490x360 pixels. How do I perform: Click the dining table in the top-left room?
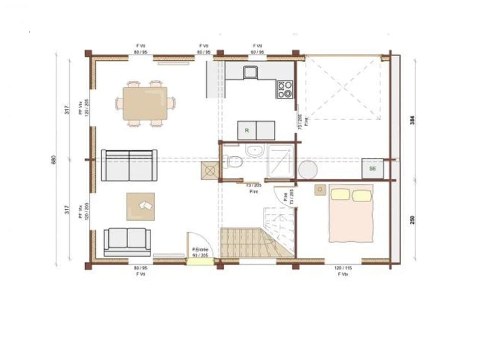[145, 103]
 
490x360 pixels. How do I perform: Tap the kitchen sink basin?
[250, 72]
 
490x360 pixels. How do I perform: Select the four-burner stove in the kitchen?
[285, 89]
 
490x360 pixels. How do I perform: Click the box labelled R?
[247, 130]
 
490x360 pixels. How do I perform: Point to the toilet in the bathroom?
[234, 161]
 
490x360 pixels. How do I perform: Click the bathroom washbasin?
[254, 151]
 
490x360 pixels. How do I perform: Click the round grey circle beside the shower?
[308, 170]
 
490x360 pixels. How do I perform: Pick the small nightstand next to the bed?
[320, 189]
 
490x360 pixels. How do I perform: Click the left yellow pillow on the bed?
[340, 195]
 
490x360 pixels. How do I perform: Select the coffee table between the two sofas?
[140, 206]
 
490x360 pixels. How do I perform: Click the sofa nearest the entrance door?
[128, 241]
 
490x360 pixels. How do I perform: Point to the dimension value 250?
[412, 220]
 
